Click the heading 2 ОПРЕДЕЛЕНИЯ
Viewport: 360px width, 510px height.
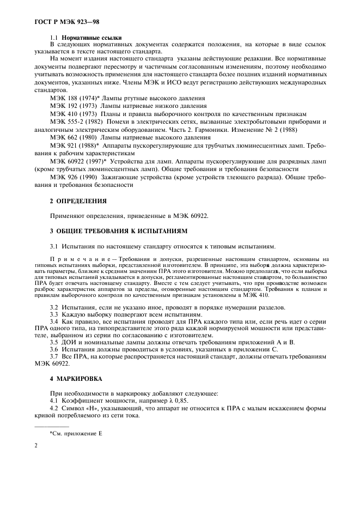click(x=78, y=202)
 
